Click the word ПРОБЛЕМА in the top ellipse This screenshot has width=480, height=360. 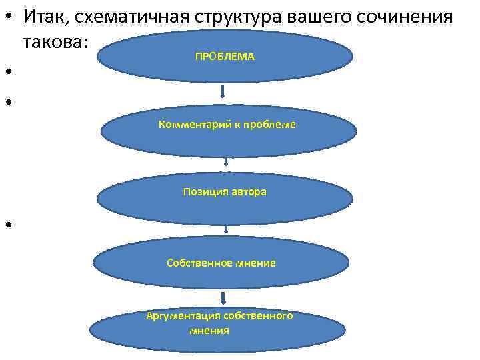pos(225,57)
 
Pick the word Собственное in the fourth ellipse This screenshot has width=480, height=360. pos(199,263)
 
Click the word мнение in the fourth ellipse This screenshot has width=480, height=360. pos(255,263)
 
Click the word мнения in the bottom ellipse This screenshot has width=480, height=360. pos(209,330)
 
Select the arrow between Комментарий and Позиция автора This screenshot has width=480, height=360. pos(227,161)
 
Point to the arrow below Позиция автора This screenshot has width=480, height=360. pos(227,229)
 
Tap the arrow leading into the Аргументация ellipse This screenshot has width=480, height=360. pos(225,297)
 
